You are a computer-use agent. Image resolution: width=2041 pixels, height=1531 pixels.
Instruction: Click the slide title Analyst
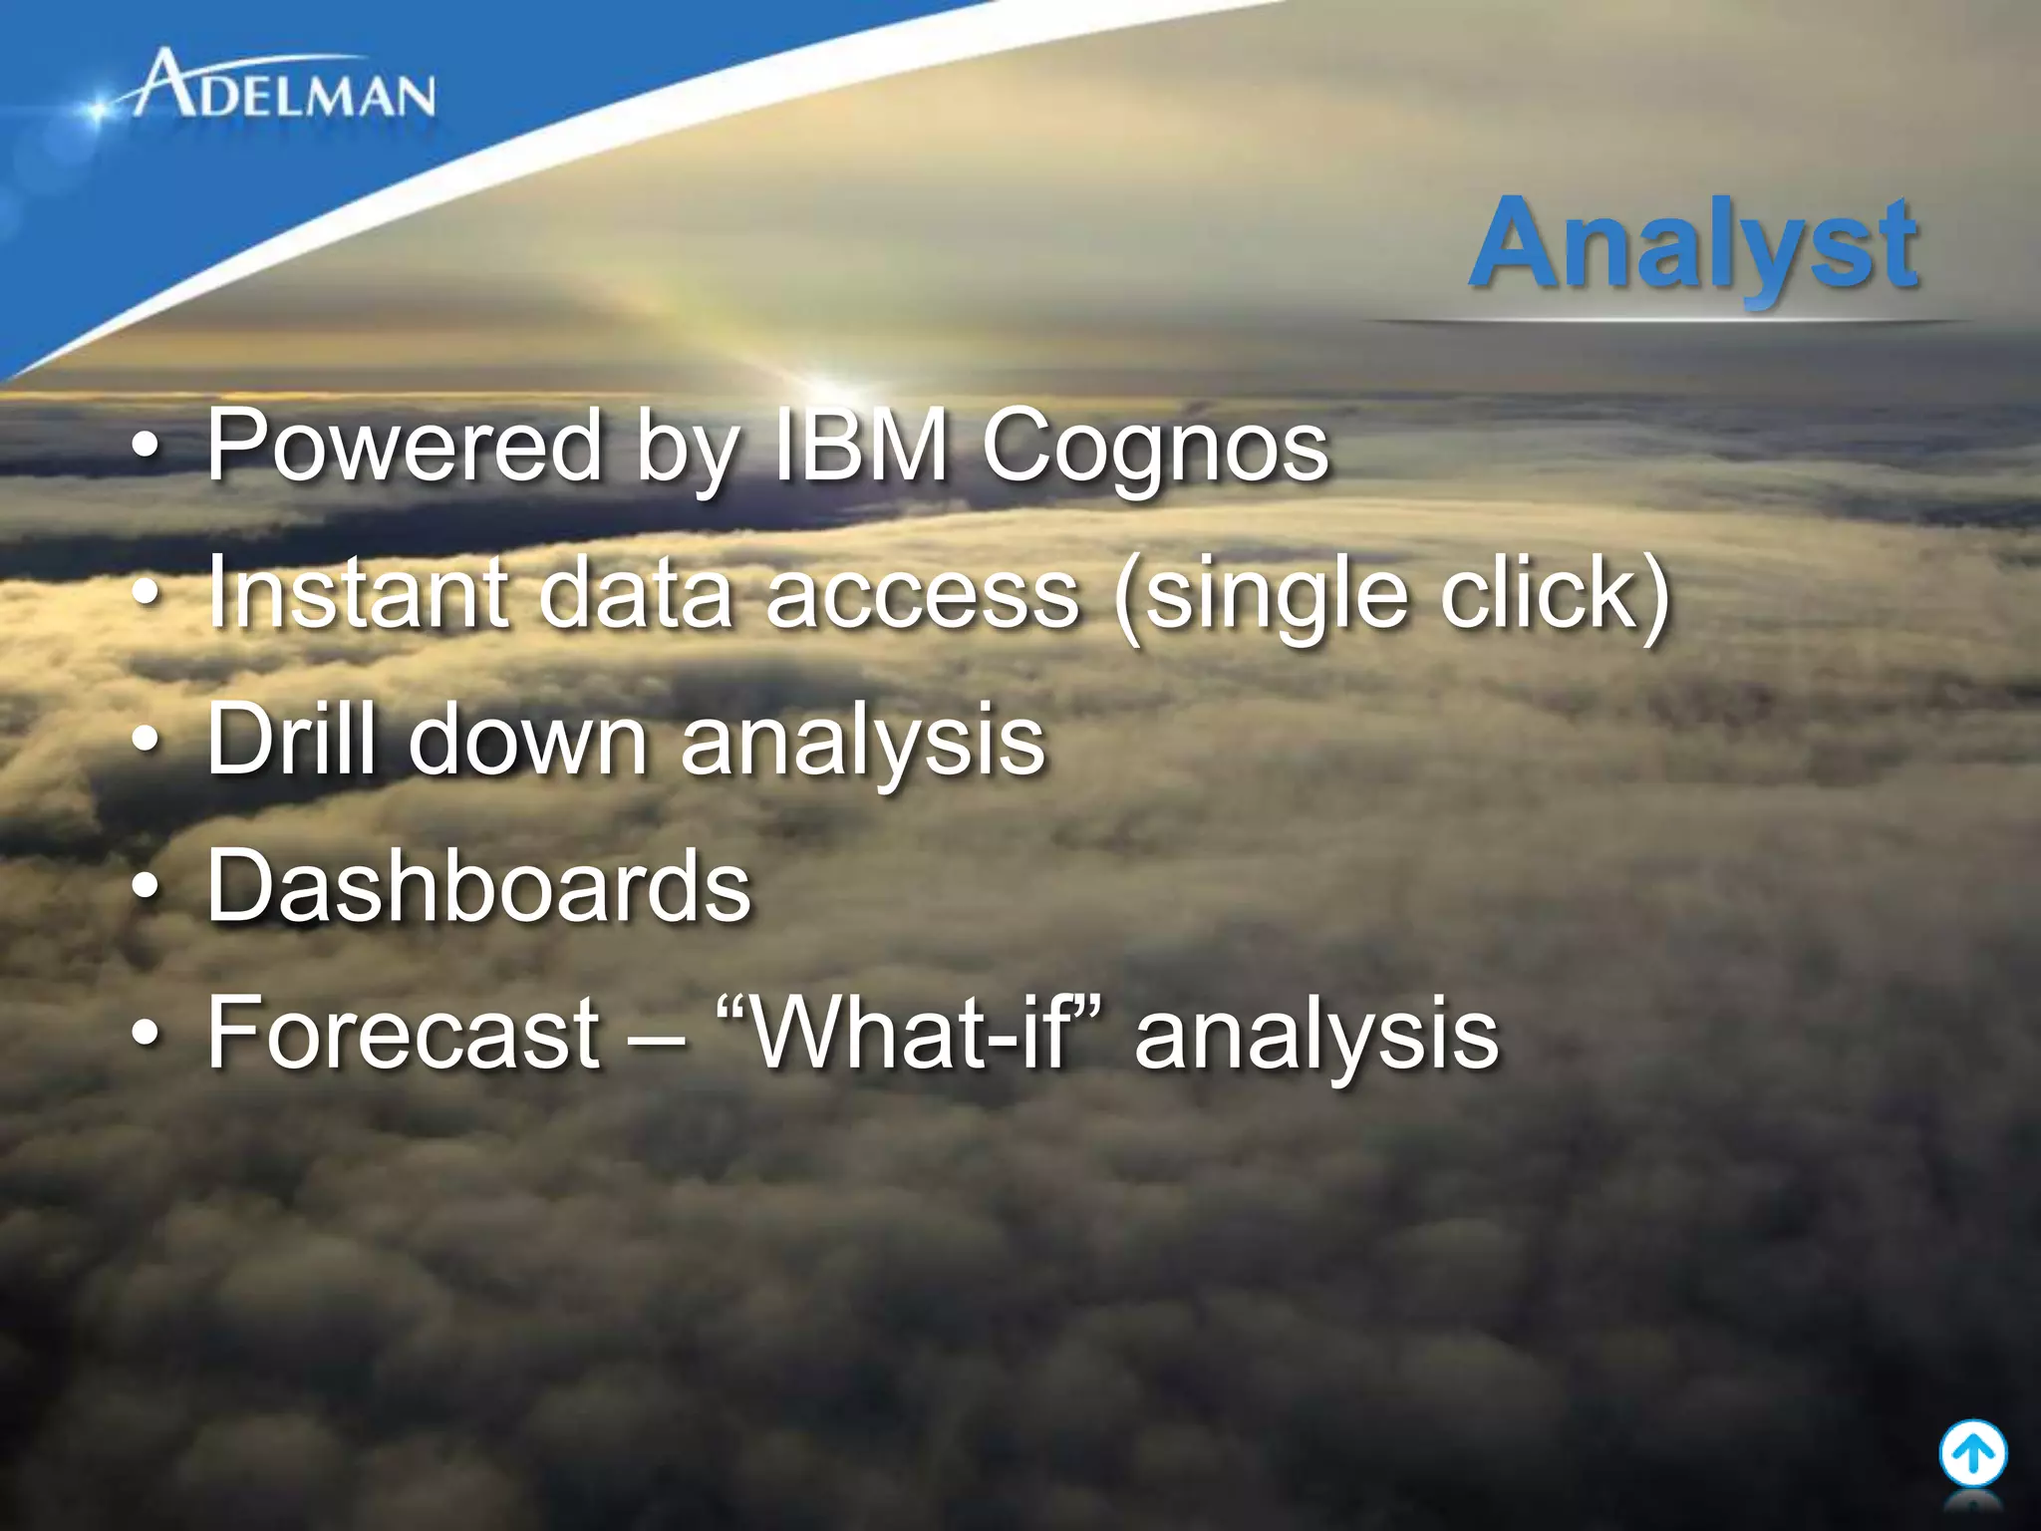click(x=1694, y=244)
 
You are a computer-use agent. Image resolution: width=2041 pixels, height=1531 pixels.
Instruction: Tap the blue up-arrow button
click(x=1972, y=1454)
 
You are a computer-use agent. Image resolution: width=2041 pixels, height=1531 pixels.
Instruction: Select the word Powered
click(x=404, y=446)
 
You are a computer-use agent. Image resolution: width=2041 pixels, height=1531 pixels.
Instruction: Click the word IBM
click(x=860, y=446)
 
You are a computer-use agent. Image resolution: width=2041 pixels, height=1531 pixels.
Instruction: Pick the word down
click(x=528, y=739)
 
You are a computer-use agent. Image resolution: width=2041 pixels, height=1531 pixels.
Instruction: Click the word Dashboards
click(x=478, y=886)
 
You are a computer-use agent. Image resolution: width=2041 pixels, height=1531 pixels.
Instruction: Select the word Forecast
click(x=404, y=1033)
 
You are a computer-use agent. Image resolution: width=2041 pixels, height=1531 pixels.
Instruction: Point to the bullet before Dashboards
click(x=146, y=886)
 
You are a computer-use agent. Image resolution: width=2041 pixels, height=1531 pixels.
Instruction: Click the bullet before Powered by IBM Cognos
click(x=146, y=446)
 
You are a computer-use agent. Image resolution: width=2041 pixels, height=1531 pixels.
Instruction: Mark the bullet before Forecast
click(x=146, y=1033)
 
